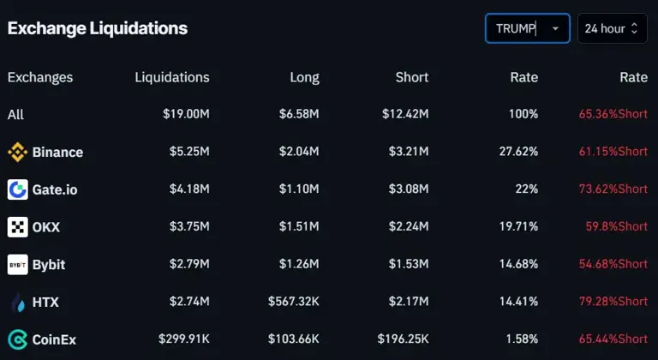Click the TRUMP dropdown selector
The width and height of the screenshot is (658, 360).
527,28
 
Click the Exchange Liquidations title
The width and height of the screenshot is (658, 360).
97,27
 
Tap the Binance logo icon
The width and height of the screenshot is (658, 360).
17,152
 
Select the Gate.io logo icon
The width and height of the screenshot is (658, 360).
17,189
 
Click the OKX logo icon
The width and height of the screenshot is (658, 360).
17,227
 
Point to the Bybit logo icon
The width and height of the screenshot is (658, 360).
17,265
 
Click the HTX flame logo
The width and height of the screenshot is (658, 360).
17,302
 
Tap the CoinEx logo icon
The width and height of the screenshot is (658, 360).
17,339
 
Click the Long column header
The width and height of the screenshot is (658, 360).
304,77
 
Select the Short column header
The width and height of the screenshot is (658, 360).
411,77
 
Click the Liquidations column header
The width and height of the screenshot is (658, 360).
171,77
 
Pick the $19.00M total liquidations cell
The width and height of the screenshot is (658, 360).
186,114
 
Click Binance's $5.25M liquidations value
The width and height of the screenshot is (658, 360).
189,152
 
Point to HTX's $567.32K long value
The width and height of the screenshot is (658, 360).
294,302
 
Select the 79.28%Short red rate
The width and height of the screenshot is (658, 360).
613,302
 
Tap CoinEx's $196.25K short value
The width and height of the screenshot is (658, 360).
403,339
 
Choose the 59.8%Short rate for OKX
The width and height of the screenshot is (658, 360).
616,227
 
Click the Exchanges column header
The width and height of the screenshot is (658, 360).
40,77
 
